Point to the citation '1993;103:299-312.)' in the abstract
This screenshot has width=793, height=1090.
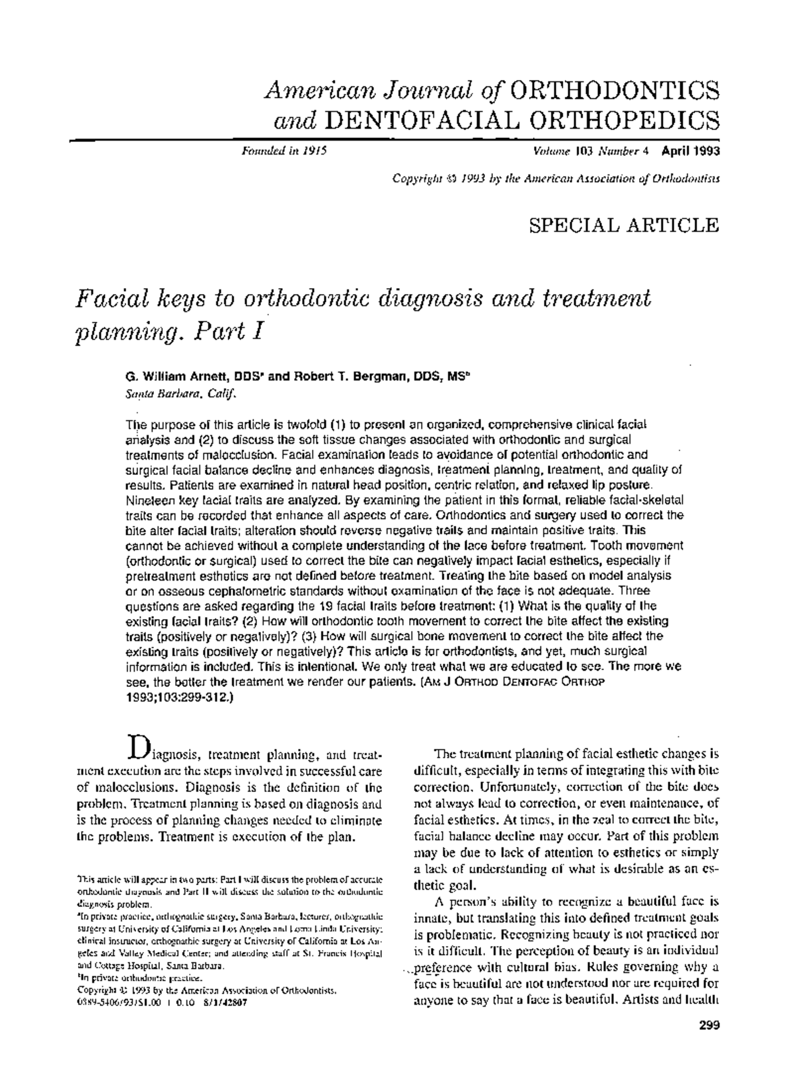coord(179,696)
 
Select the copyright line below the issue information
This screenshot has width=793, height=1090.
coord(556,178)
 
